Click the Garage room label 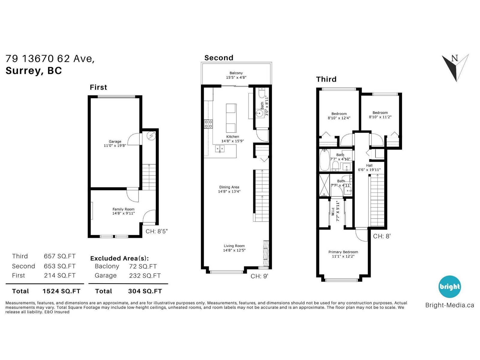[x=115, y=141]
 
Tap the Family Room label [x=123, y=209]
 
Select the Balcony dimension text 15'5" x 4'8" [x=236, y=77]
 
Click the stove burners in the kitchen [x=208, y=124]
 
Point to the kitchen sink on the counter [x=220, y=149]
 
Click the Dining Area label [x=229, y=187]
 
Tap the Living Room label [x=234, y=246]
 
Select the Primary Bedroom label [x=343, y=252]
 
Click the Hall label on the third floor [x=369, y=166]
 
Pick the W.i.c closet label [x=333, y=211]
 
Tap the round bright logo [x=450, y=286]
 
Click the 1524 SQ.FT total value [x=61, y=291]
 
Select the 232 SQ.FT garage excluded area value [x=145, y=276]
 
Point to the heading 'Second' [x=219, y=58]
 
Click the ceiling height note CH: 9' [x=259, y=276]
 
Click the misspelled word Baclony [x=107, y=266]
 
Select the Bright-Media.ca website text [x=450, y=305]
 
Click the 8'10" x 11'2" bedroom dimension [x=380, y=117]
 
